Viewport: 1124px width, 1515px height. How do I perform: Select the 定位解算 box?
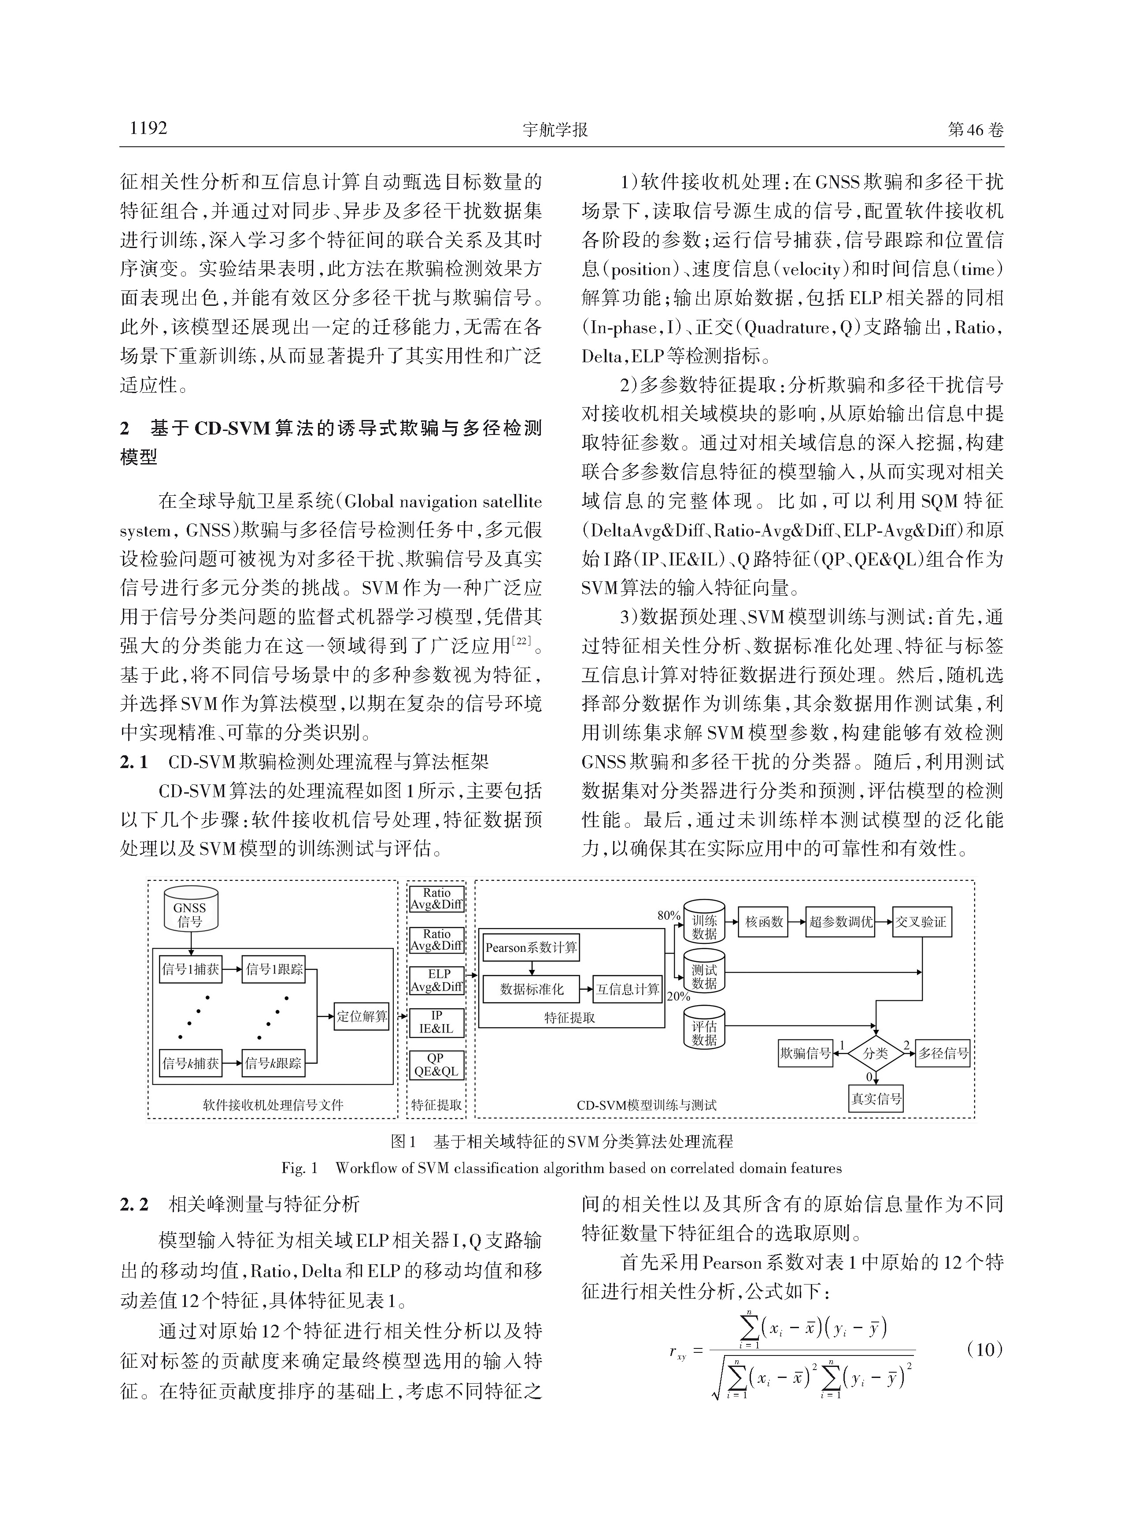tap(361, 1016)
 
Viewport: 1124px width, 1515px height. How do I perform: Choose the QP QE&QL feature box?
tap(436, 1065)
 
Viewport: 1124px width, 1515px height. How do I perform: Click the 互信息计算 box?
tap(627, 989)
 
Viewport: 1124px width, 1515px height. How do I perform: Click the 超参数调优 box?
tap(840, 922)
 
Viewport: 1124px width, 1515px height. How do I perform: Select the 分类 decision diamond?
tap(876, 1054)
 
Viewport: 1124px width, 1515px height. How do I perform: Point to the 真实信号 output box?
tap(876, 1099)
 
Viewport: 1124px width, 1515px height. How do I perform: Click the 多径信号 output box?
tap(943, 1054)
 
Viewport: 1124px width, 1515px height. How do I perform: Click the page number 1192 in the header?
tap(148, 128)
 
